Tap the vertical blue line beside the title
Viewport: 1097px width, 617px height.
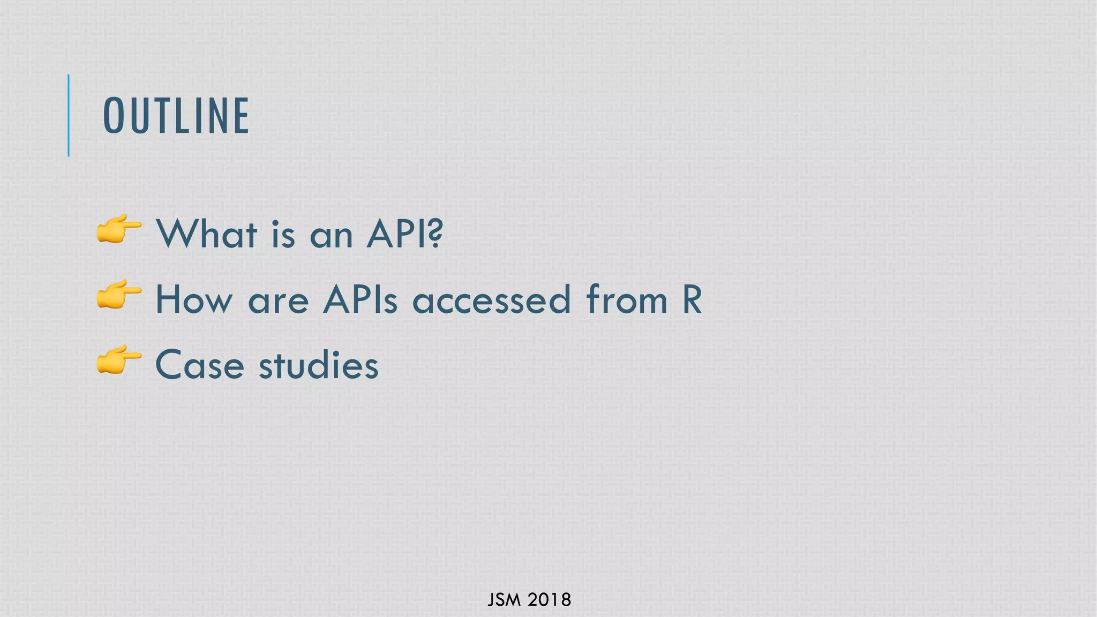tap(69, 115)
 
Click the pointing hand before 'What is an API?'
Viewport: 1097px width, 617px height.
tap(119, 229)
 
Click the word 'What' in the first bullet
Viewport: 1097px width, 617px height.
tap(207, 234)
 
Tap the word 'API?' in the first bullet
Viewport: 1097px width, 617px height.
tap(405, 234)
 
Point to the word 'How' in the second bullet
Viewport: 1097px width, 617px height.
tap(194, 299)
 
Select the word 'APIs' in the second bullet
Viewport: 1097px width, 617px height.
tap(360, 299)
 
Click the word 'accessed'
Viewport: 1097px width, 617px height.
tap(492, 299)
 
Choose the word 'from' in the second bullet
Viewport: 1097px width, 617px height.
tap(627, 299)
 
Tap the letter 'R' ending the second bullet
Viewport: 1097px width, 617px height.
tap(692, 299)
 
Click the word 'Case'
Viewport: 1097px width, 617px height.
tap(200, 365)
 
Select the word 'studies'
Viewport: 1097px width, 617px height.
tap(319, 365)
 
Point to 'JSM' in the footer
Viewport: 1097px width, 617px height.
tap(504, 600)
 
